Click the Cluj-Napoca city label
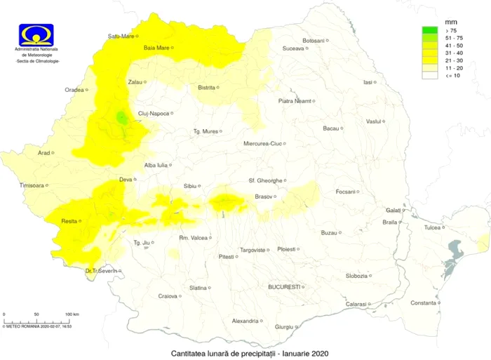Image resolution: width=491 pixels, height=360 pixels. tap(154, 113)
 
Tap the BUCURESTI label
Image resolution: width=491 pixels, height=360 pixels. tap(284, 286)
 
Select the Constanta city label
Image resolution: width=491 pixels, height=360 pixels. tap(423, 302)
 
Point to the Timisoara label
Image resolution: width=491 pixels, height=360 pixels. tap(32, 185)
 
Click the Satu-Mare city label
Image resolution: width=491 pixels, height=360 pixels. tap(121, 36)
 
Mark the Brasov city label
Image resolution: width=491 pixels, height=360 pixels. tap(263, 196)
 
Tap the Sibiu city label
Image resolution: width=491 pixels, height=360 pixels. tap(189, 186)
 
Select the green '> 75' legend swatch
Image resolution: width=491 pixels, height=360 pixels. tap(429, 31)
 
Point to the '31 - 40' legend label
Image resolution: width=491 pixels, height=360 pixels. tap(452, 53)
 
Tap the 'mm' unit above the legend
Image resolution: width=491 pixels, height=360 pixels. tap(451, 22)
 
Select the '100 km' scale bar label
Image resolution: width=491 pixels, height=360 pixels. tap(72, 314)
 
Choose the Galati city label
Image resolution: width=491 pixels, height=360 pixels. tap(394, 210)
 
